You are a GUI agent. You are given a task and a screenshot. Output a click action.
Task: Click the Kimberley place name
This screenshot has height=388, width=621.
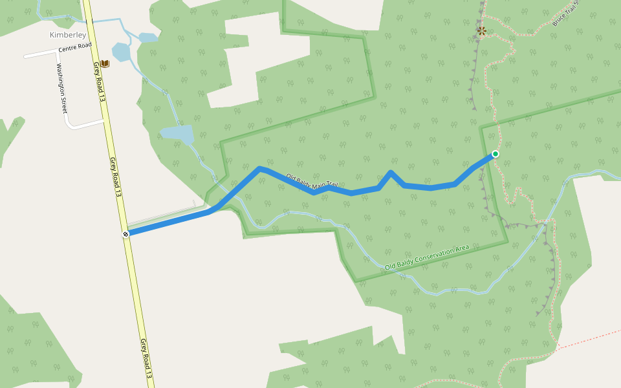point(68,35)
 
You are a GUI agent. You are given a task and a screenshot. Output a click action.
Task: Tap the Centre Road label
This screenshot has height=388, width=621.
point(74,48)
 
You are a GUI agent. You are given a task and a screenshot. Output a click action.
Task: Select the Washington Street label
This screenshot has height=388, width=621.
point(62,88)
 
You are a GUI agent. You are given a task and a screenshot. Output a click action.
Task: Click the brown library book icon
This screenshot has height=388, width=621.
point(105,63)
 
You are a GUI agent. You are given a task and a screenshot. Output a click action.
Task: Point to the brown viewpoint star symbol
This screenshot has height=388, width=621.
point(481,30)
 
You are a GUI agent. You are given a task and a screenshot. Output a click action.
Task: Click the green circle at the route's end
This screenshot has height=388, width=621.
point(495,154)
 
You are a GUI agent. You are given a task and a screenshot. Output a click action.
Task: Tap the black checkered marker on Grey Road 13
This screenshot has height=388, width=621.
point(126,233)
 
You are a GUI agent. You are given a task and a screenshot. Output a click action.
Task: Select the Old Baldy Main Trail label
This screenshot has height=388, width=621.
point(312,180)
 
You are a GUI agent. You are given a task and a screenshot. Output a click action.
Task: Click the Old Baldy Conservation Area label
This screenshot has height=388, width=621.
point(426,257)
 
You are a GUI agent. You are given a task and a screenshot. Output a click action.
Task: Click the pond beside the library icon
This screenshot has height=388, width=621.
point(121,52)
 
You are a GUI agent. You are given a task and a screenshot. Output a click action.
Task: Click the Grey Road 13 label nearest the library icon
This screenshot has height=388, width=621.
point(99,80)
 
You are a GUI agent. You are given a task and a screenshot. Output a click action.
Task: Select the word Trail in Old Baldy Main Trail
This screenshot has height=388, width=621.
point(332,186)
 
